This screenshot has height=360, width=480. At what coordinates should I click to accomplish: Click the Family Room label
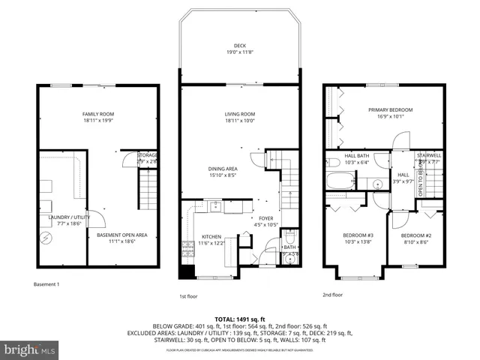click(x=98, y=114)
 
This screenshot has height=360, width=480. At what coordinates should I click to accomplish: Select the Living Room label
click(x=240, y=114)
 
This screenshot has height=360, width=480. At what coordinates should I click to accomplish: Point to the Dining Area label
click(x=223, y=169)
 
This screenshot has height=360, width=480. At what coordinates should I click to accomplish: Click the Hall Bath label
click(x=355, y=156)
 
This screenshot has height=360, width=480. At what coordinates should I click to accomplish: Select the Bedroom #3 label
click(x=358, y=235)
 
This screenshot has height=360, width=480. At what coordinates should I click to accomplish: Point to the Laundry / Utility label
click(x=58, y=218)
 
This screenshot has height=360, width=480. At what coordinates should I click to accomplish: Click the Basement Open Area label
click(x=121, y=235)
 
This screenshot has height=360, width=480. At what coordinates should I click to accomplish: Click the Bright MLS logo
click(x=30, y=349)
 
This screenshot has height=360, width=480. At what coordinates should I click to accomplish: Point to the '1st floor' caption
click(x=189, y=295)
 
